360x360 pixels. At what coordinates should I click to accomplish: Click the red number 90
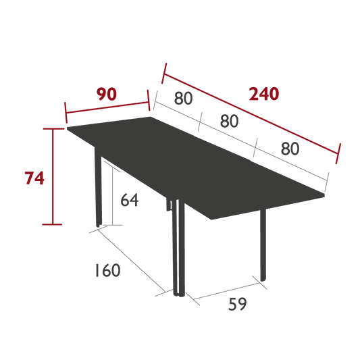click(x=107, y=94)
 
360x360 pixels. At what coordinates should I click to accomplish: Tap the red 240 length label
click(x=264, y=94)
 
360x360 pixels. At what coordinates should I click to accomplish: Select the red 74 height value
click(x=34, y=178)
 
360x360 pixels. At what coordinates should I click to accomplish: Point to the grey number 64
click(x=130, y=200)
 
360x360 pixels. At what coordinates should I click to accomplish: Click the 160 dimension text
click(x=107, y=270)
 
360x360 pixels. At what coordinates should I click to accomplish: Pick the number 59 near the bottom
click(x=237, y=304)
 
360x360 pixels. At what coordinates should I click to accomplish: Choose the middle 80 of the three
click(x=230, y=121)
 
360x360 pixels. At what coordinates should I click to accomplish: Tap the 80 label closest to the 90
click(x=183, y=98)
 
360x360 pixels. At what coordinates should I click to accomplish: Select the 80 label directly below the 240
click(x=290, y=149)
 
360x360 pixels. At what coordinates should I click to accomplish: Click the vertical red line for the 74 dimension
click(x=53, y=176)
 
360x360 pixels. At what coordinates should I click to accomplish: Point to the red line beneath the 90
click(x=107, y=107)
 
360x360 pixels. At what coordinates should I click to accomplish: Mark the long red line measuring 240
click(x=251, y=113)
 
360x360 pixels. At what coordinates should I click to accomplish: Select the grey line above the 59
click(x=227, y=291)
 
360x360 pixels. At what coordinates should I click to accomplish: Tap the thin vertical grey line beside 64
click(x=112, y=196)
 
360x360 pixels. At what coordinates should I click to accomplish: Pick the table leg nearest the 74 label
click(x=98, y=187)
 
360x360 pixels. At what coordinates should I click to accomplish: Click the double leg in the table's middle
click(x=178, y=247)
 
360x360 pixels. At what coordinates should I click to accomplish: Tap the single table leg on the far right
click(x=263, y=245)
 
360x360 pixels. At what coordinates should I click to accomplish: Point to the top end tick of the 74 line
click(x=53, y=129)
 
